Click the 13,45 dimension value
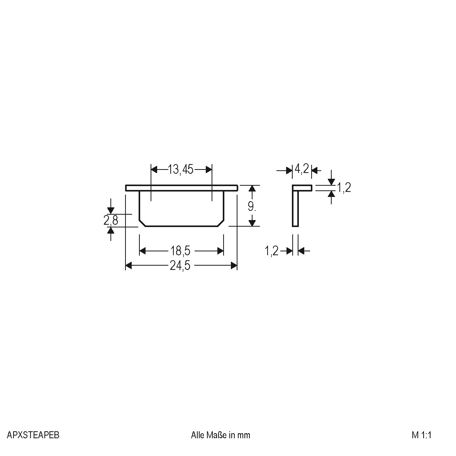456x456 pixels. point(181,170)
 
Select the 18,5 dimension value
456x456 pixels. point(181,251)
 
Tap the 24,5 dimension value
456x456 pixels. point(180,266)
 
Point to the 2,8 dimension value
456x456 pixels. point(110,220)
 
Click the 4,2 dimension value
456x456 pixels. point(302,169)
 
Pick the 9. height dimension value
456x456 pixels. point(252,207)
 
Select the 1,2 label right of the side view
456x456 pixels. point(344,188)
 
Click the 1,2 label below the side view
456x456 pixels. point(271,251)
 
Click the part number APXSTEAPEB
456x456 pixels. point(33,435)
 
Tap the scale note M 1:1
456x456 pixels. point(421,435)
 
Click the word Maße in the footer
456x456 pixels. point(218,435)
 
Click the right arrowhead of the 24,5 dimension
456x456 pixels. point(234,266)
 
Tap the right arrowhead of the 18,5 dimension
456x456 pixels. point(220,251)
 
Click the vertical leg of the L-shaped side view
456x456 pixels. point(295,209)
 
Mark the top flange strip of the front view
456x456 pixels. point(181,188)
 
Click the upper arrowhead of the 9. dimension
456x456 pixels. point(252,188)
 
